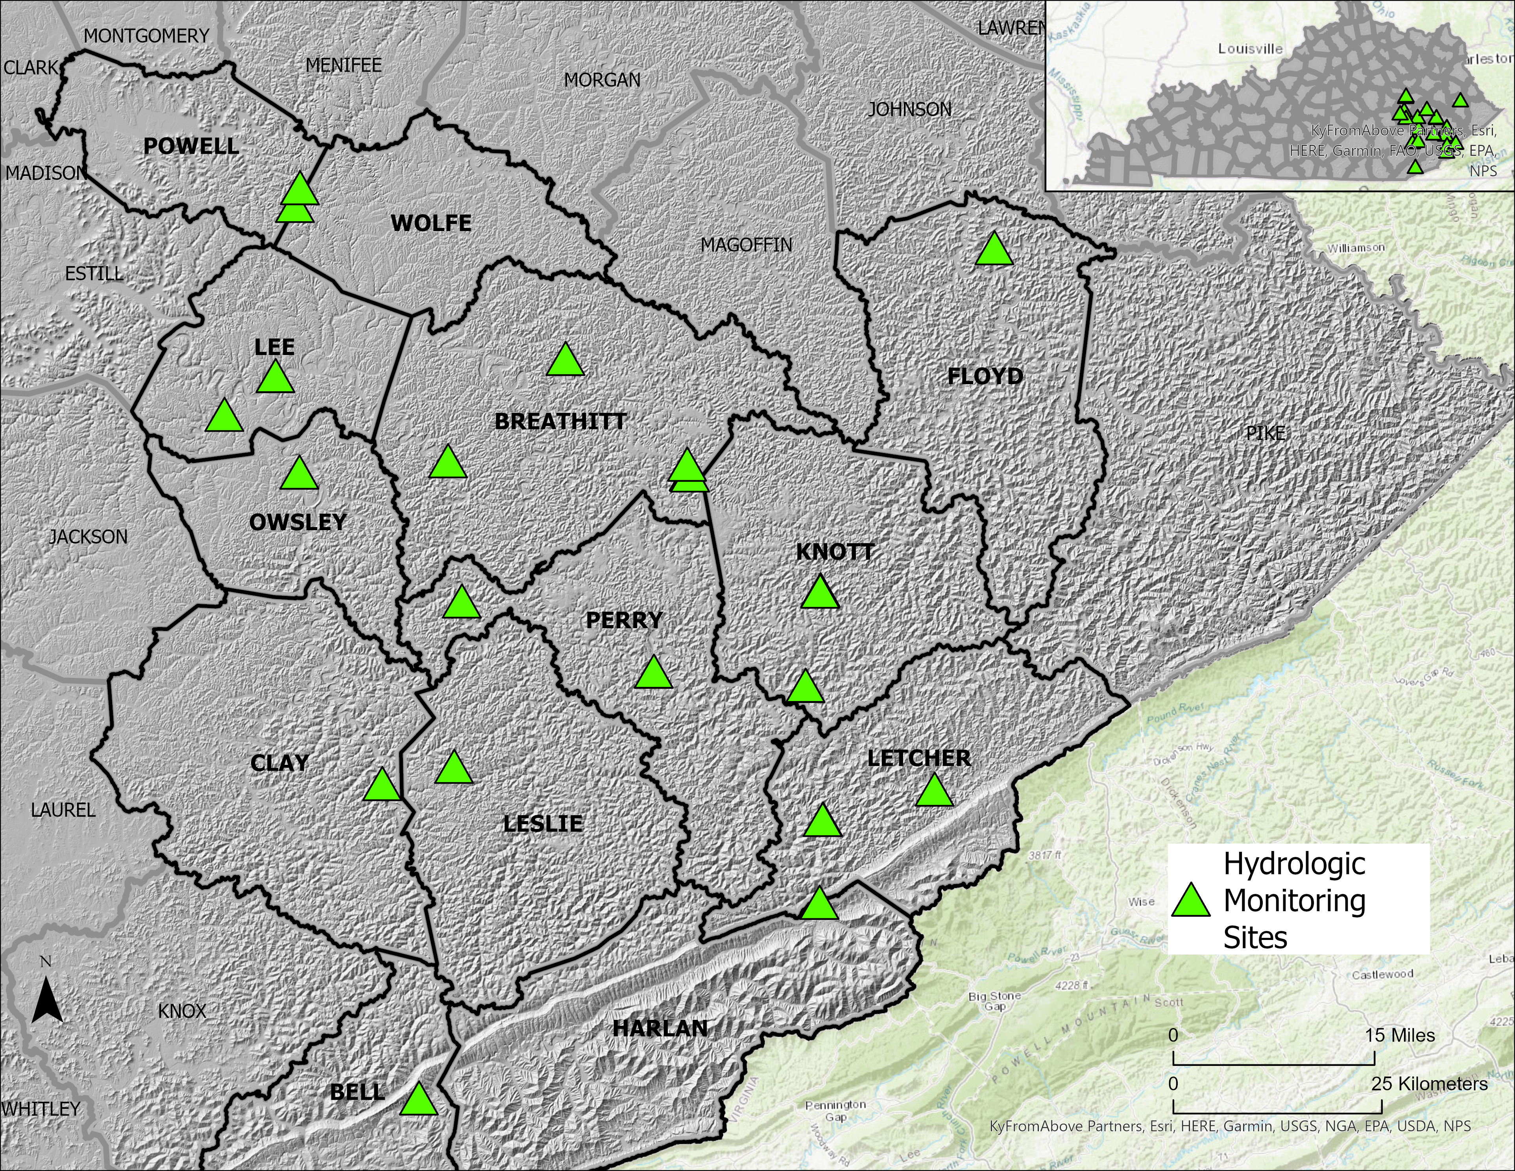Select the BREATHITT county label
[560, 421]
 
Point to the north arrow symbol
[47, 999]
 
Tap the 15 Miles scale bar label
[1400, 1036]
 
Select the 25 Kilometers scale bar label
[1429, 1084]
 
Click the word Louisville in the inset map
[1251, 48]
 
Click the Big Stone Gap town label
[995, 1000]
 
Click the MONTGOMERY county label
[146, 35]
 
